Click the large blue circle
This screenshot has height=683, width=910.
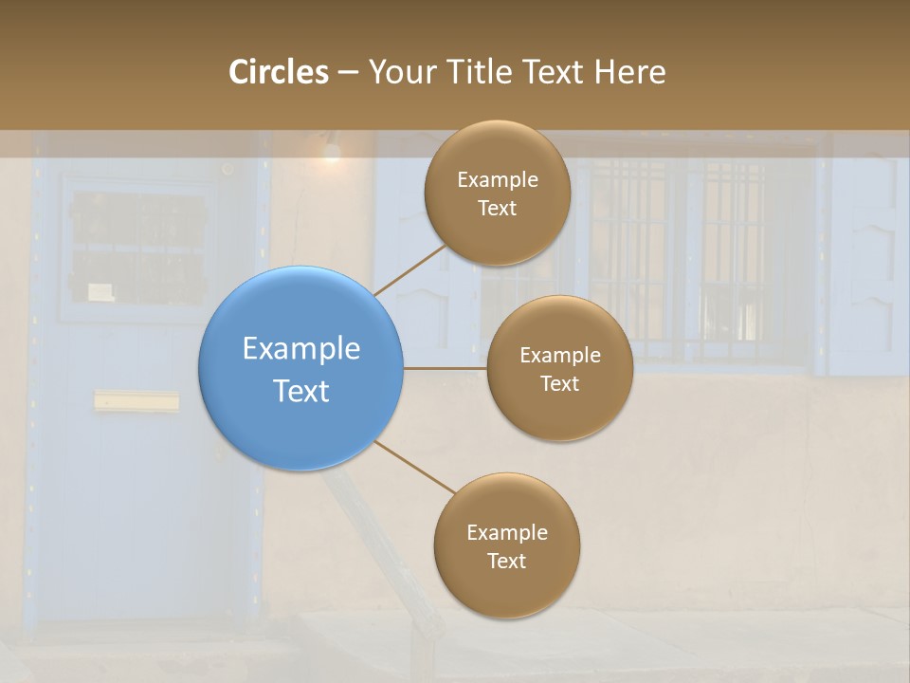coord(301,368)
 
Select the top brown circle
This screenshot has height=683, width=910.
coord(497,193)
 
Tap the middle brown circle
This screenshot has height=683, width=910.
coord(559,368)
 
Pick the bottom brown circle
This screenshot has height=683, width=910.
coord(506,545)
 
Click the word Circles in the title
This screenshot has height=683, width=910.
coord(279,72)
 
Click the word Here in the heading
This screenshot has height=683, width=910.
coord(630,72)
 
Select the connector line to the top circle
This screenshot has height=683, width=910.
coord(409,269)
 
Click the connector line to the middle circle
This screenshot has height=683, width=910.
coord(445,368)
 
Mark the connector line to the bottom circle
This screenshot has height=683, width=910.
coord(415,467)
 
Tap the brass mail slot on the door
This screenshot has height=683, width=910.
coord(136,402)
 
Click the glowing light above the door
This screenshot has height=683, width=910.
coord(331,150)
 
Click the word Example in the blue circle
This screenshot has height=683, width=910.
coord(301,348)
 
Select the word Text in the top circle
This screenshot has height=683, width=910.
coord(497,208)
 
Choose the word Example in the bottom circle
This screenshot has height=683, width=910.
coord(506,532)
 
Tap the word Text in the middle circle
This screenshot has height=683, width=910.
coord(559,383)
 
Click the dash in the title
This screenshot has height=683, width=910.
coord(348,73)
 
